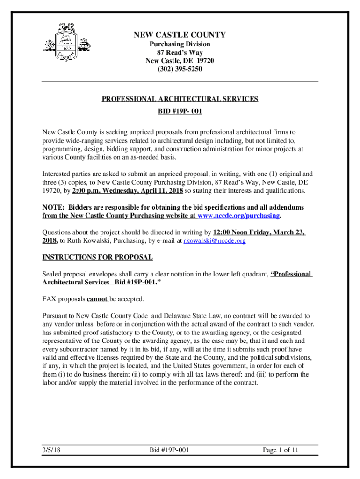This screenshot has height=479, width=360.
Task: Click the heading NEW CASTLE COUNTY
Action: [180, 35]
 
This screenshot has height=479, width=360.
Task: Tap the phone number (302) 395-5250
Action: [180, 69]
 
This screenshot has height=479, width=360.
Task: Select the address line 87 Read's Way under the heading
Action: [180, 52]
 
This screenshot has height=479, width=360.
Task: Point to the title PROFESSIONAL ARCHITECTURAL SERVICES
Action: [180, 99]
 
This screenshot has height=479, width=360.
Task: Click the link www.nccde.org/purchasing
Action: [238, 216]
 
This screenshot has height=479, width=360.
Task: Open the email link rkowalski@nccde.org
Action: [215, 240]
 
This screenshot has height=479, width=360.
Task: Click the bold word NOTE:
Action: [53, 207]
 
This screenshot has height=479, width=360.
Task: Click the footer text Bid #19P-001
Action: [169, 450]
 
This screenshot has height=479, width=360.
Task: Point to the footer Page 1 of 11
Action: [281, 450]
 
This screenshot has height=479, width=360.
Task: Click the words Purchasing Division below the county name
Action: [180, 44]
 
